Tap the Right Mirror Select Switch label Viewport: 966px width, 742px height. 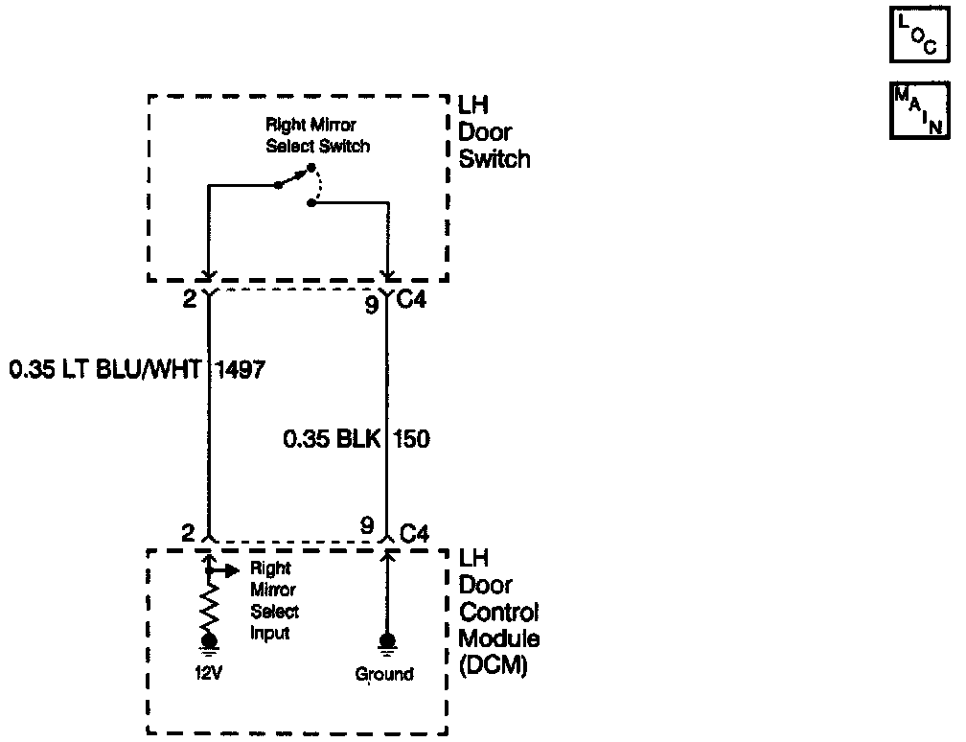point(318,136)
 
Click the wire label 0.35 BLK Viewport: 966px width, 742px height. point(331,440)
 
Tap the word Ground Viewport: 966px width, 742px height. point(384,674)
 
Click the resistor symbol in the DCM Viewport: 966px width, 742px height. point(208,607)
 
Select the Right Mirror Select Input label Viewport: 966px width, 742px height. point(275,601)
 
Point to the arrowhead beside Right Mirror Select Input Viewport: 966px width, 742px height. point(230,570)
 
